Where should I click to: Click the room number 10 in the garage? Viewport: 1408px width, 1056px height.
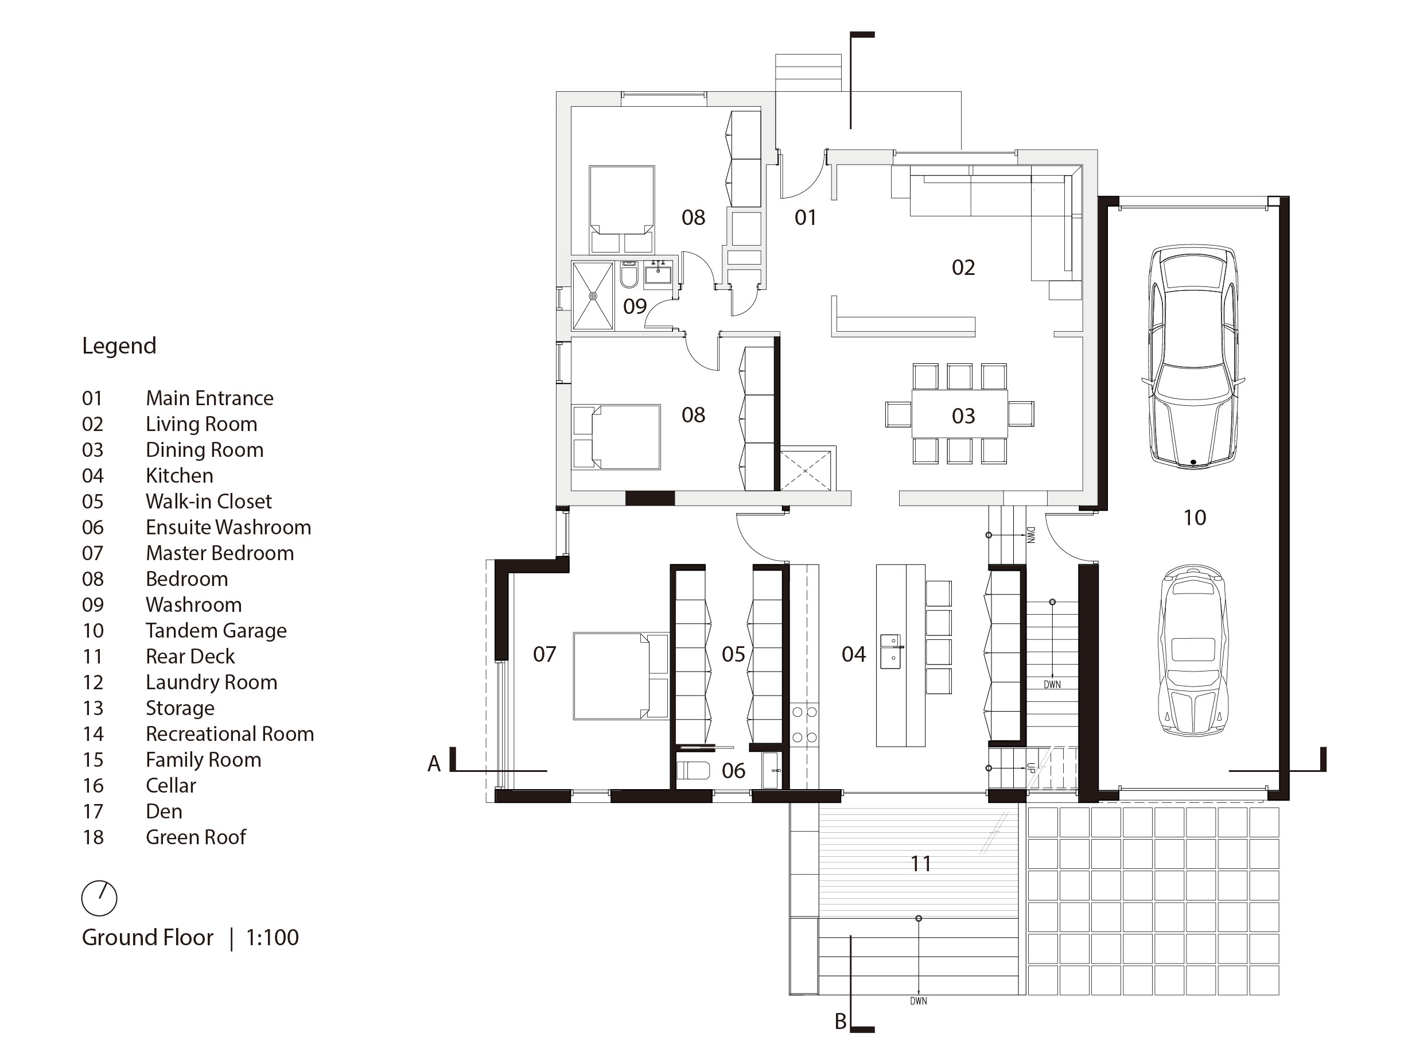click(x=1194, y=518)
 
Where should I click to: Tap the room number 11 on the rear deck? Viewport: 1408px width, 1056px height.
click(x=920, y=864)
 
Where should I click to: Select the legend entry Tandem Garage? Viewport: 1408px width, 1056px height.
click(x=216, y=630)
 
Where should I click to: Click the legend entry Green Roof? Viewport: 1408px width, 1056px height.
click(x=196, y=837)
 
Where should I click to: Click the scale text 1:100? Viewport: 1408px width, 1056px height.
click(x=273, y=938)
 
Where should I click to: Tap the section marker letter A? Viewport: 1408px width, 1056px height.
click(x=434, y=764)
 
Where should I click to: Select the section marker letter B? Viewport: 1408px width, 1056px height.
click(x=840, y=1022)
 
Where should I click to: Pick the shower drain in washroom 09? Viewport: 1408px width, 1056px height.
click(x=593, y=296)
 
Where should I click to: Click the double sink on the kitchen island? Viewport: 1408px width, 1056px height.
click(x=890, y=651)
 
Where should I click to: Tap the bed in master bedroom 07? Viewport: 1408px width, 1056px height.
click(x=621, y=676)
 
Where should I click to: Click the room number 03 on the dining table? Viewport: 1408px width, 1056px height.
click(x=963, y=416)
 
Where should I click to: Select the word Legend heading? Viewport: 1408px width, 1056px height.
click(x=119, y=345)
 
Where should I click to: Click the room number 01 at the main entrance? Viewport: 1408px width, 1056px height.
click(x=805, y=218)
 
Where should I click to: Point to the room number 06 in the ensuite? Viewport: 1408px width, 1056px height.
click(x=733, y=771)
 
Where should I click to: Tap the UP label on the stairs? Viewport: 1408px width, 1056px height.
click(x=1030, y=768)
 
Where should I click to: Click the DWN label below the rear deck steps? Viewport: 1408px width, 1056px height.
click(x=919, y=1001)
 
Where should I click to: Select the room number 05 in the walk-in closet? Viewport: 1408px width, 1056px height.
click(x=733, y=654)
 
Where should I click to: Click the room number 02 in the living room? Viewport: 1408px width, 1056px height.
click(x=963, y=267)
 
